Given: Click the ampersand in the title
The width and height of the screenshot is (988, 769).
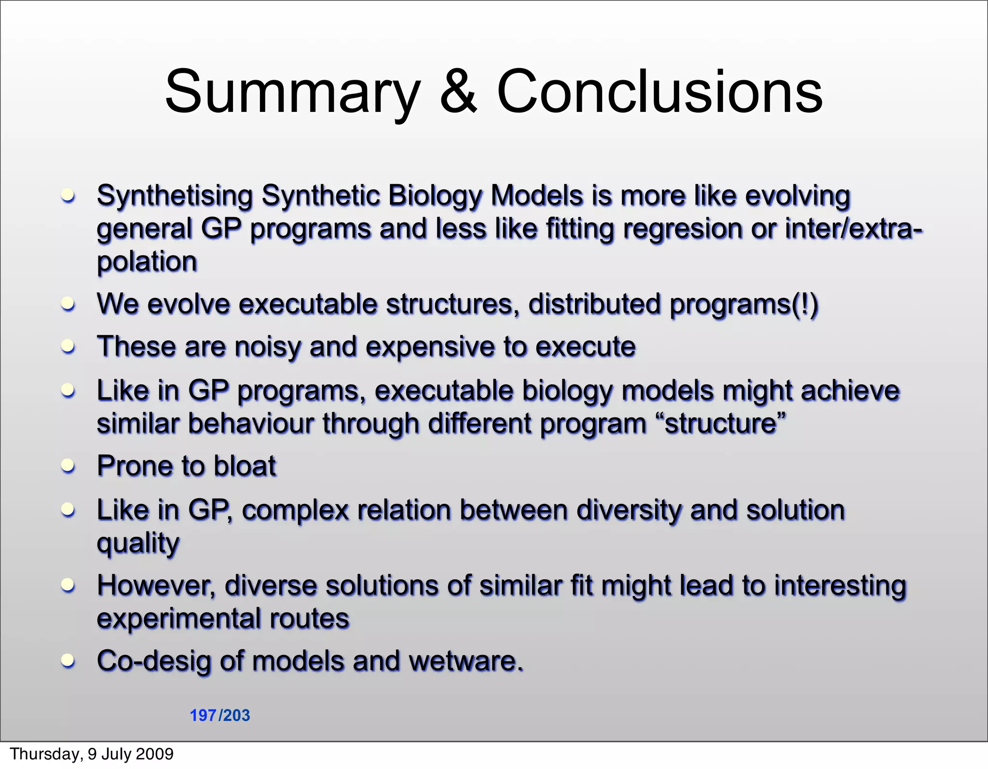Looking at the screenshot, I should (x=458, y=92).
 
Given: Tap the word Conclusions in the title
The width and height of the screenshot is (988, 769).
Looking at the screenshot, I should (x=659, y=92).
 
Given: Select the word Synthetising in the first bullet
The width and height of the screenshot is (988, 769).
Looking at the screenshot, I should (x=175, y=197).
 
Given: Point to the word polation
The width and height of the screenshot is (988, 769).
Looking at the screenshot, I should (x=147, y=262).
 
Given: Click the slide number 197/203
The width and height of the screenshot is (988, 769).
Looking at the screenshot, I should (x=220, y=715).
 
